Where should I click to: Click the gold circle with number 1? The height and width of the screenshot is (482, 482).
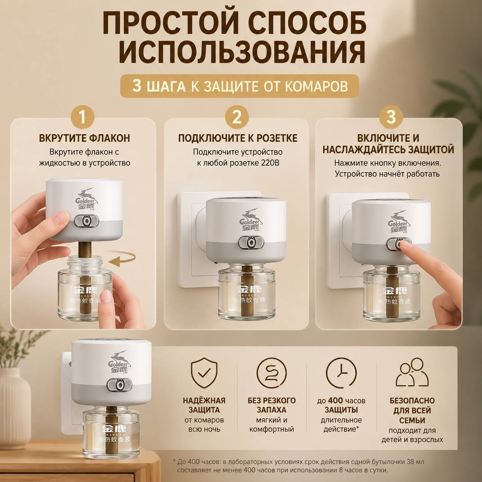point(83,118)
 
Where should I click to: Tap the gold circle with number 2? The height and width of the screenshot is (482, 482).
point(237,117)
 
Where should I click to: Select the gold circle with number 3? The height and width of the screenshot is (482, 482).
point(391,117)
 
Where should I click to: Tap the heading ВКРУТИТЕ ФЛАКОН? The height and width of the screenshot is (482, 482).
point(85,138)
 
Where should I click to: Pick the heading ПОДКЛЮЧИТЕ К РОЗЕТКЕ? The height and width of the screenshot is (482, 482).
point(238,138)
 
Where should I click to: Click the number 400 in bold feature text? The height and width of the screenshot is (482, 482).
point(336,401)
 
